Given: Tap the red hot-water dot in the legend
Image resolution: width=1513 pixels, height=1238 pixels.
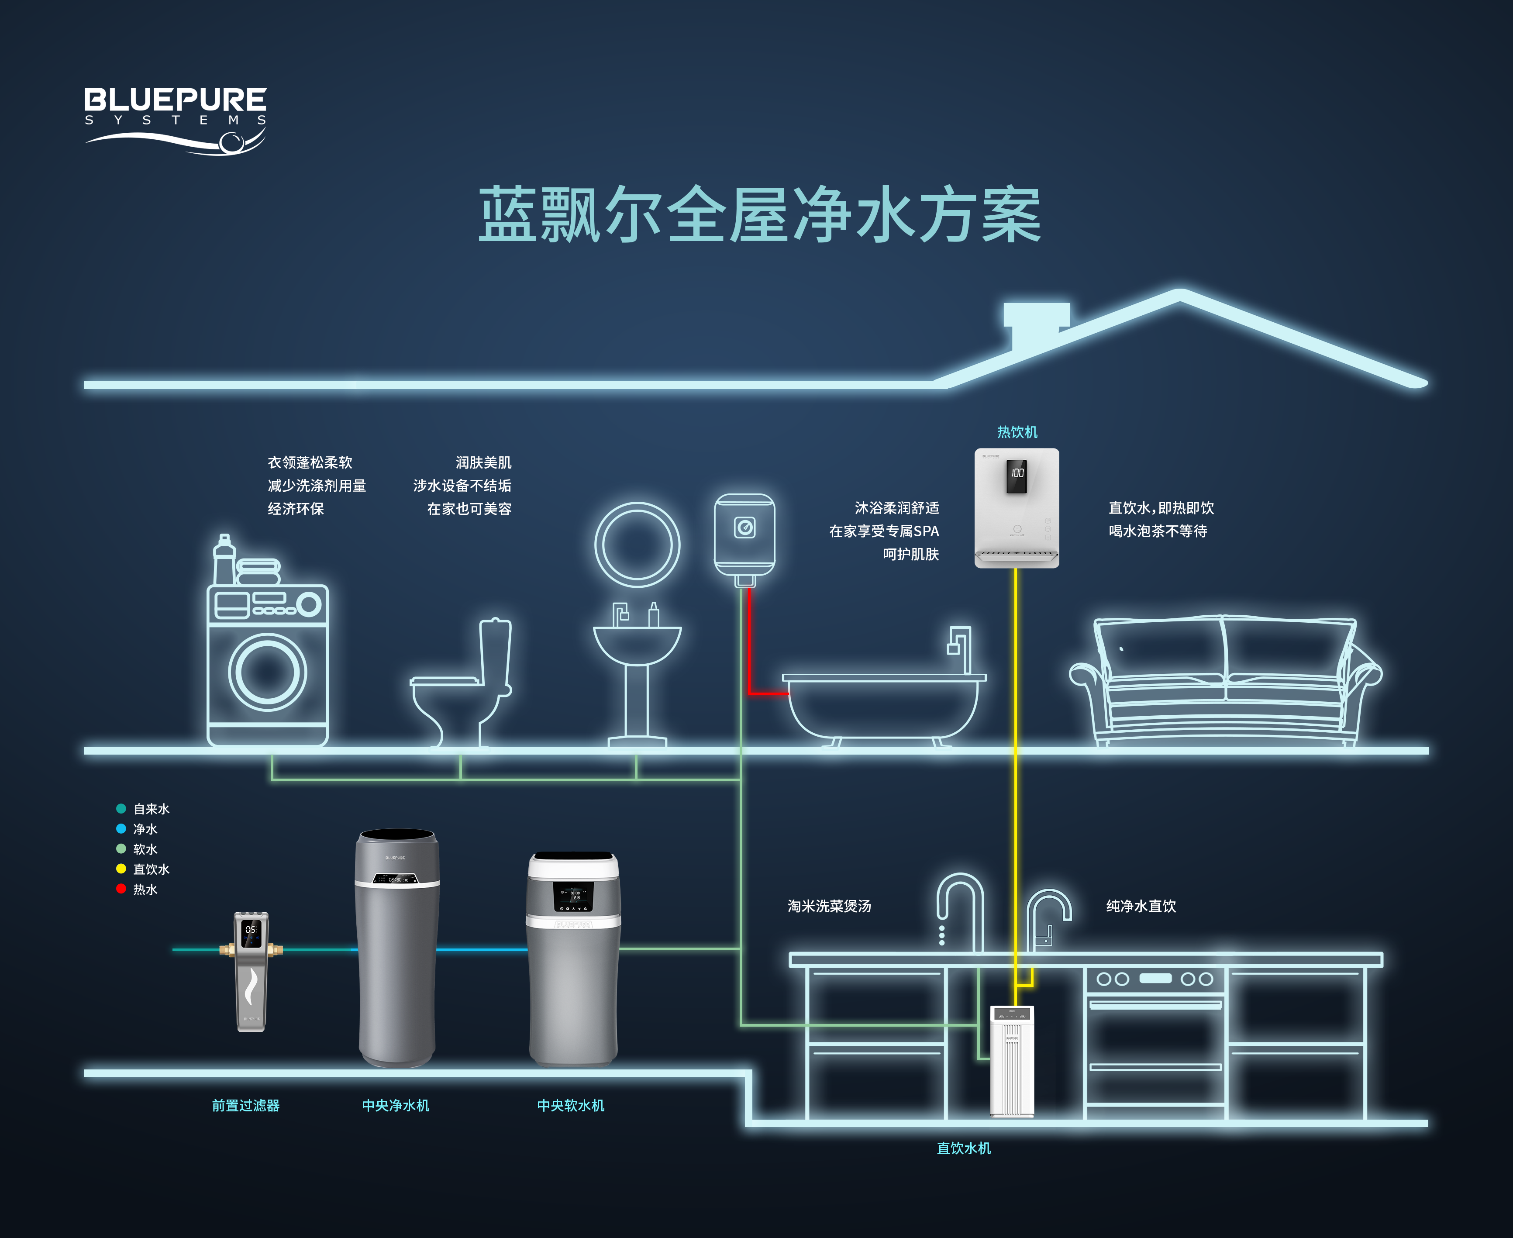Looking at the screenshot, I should point(121,889).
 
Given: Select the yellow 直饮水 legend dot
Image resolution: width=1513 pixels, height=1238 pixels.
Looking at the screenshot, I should point(121,869).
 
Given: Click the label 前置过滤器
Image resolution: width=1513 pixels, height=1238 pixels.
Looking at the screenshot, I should point(245,1105).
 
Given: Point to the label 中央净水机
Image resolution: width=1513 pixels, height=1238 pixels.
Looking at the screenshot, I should point(395,1105).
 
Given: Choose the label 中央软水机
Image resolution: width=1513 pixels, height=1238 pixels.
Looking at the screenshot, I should point(570,1105).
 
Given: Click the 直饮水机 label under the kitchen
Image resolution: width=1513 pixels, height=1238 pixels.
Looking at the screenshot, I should point(963,1148).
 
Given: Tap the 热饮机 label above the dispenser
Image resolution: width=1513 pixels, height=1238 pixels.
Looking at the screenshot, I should point(1017,432).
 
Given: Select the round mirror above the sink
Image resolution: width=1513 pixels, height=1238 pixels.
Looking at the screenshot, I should point(637,545).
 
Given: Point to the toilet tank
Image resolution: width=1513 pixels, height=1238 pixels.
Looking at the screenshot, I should point(496,652).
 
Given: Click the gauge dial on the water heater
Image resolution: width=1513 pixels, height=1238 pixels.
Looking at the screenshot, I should point(745,528).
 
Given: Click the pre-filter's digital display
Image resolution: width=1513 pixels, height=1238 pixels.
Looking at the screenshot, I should point(251,929).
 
